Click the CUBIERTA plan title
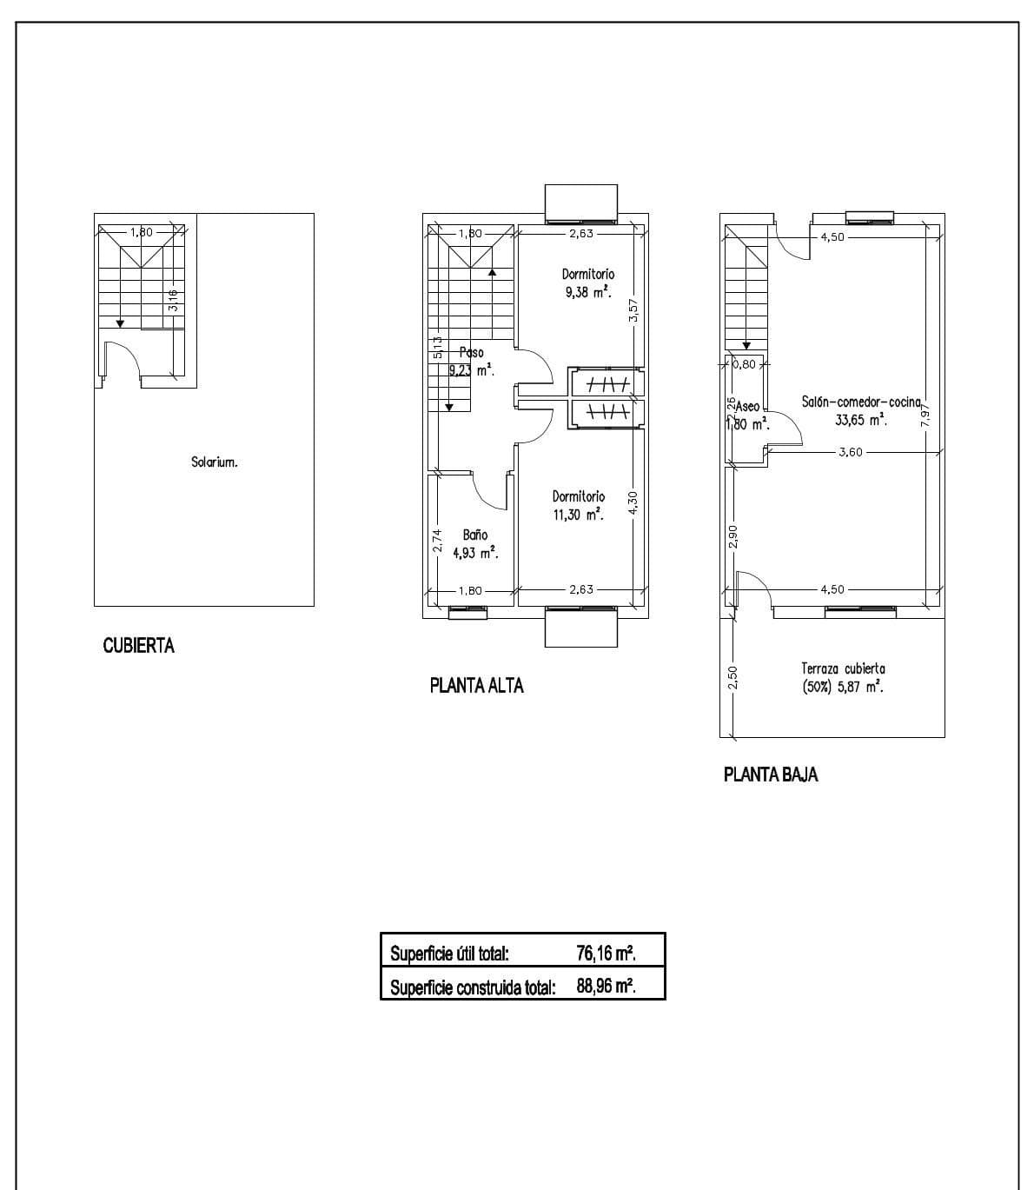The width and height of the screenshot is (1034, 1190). pos(138,646)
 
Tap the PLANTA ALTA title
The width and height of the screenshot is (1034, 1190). pos(476,686)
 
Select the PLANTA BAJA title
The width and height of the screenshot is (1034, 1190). pos(770,774)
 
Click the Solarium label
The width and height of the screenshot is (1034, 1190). pos(214,462)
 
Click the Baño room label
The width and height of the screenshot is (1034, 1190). pos(474,535)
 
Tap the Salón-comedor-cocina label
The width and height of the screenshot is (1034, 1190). pos(860,402)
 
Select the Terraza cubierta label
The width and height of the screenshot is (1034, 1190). pos(843,668)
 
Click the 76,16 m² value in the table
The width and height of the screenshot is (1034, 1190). pos(606,953)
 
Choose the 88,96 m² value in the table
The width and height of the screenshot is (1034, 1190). pos(606,987)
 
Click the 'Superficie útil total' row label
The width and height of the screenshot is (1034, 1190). pos(449,953)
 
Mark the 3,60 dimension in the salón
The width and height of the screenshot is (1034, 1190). pos(851,452)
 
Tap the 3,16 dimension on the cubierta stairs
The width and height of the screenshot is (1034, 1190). pos(174,300)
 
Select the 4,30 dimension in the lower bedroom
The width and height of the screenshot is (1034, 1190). pos(633,503)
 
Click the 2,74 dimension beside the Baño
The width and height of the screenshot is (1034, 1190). pos(437,541)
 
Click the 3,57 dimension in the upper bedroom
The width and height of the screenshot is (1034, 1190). pos(633,311)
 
